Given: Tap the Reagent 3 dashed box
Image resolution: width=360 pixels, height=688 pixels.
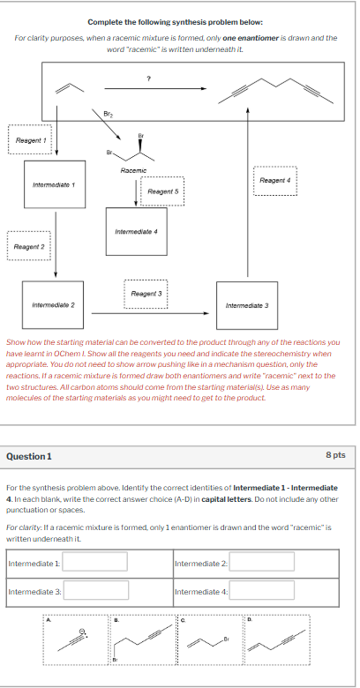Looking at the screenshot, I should click(x=146, y=293).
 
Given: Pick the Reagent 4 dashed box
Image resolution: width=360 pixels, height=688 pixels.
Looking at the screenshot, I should click(x=275, y=180).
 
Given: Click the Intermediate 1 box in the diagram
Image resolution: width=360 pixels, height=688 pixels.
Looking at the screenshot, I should click(x=54, y=184).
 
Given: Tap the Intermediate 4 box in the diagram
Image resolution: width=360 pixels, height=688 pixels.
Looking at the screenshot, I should click(x=136, y=232).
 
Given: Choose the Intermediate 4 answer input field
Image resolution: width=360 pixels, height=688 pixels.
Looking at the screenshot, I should click(x=260, y=590).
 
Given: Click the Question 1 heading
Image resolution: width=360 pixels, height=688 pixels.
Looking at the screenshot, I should click(x=29, y=455).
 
